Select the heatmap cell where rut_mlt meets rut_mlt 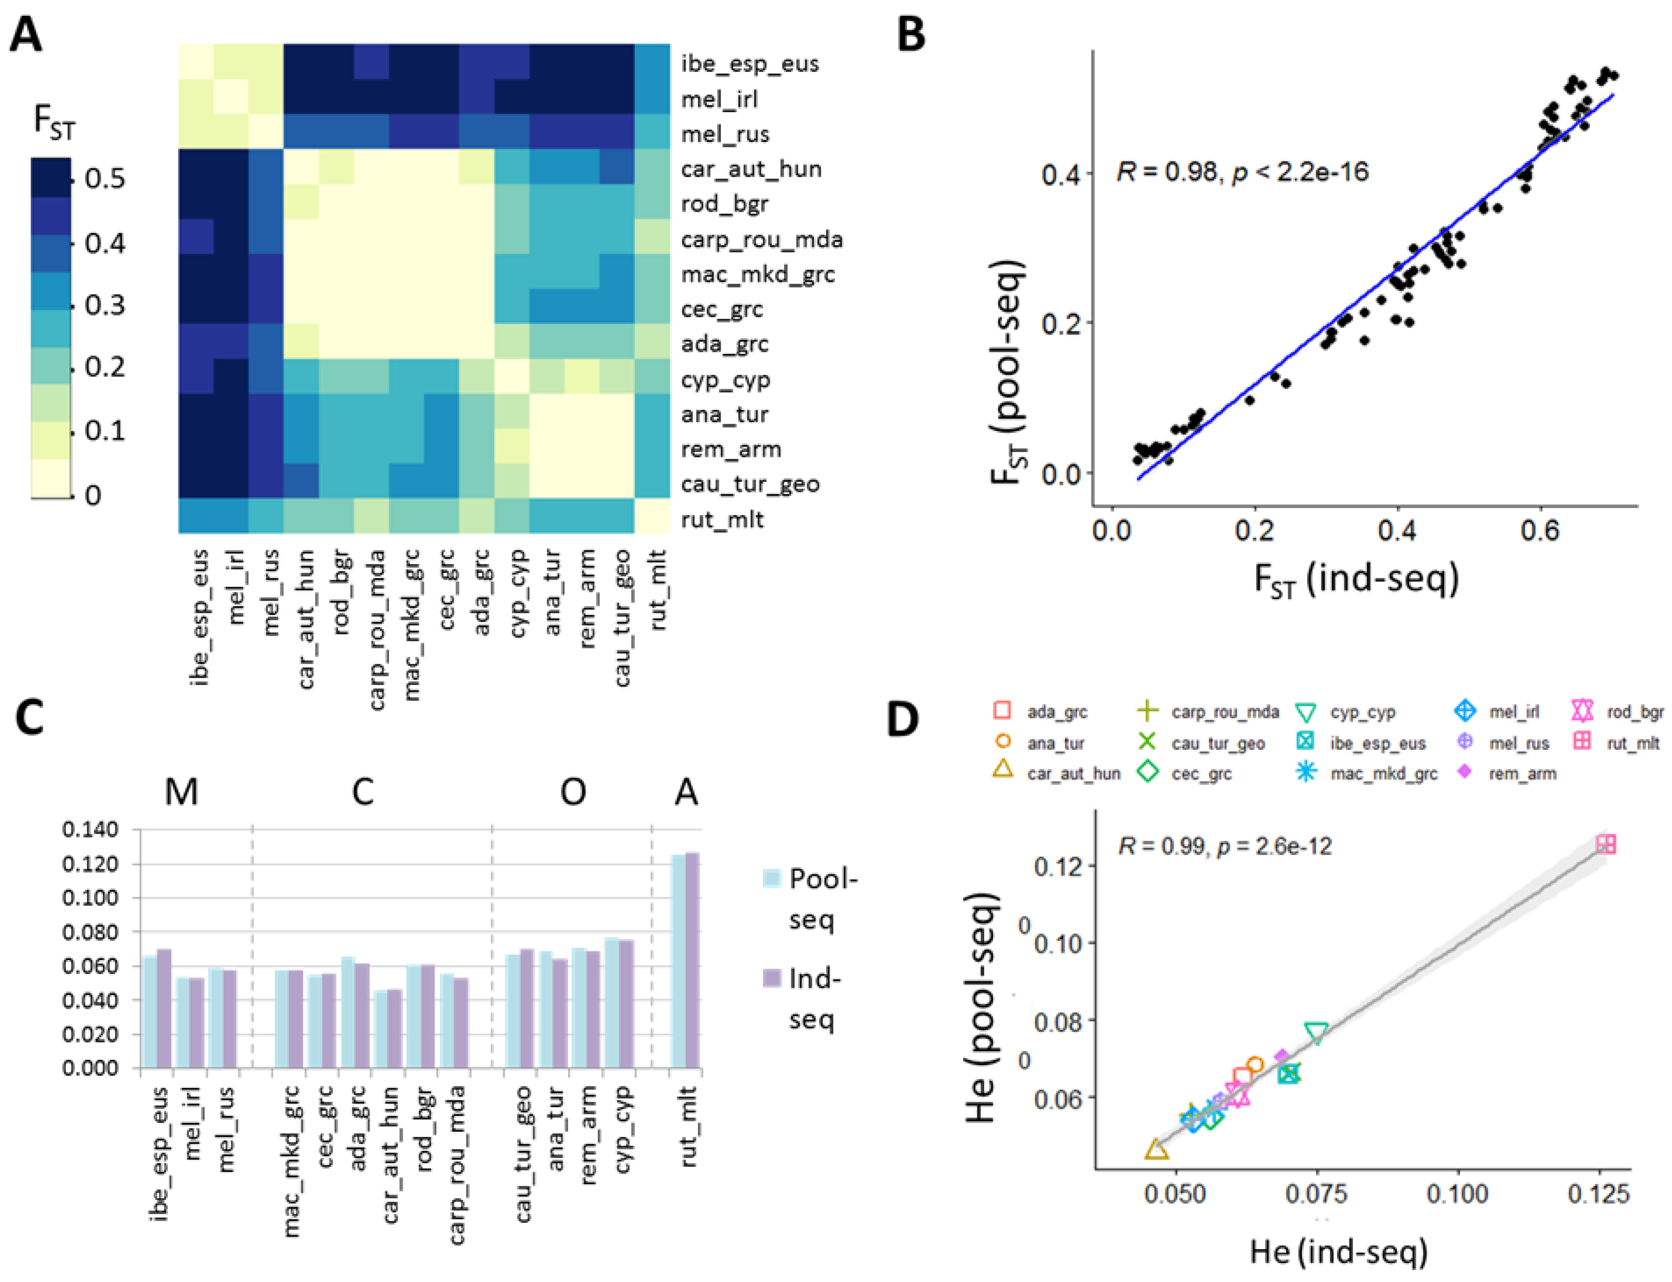click(x=651, y=516)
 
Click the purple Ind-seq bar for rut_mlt click(x=692, y=960)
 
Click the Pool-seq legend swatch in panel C click(x=772, y=878)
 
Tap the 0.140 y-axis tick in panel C click(x=90, y=829)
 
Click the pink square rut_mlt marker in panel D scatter click(x=1606, y=844)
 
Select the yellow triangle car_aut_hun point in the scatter click(x=1156, y=1149)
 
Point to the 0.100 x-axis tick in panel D click(x=1457, y=1194)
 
